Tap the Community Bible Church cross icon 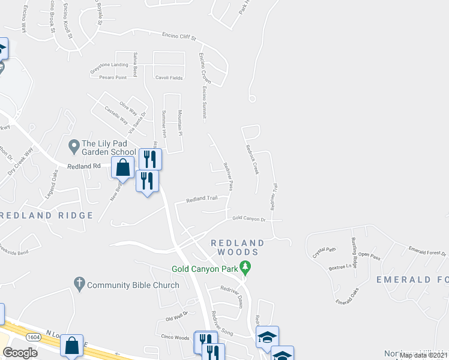(79, 282)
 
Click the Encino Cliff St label (179, 37)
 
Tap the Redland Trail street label (201, 199)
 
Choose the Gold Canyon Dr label (249, 218)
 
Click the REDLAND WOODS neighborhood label (238, 248)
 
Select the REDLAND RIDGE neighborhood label (41, 215)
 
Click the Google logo (20, 353)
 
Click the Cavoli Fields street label (169, 77)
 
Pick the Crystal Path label (325, 250)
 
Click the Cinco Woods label (175, 337)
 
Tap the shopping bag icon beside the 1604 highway (71, 346)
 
